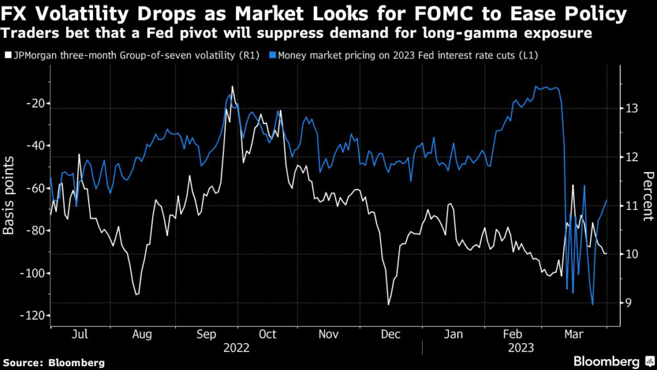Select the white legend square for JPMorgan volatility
[7, 56]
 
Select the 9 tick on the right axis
[631, 303]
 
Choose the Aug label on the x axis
[141, 335]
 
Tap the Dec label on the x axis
[391, 335]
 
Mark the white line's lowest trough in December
[389, 304]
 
